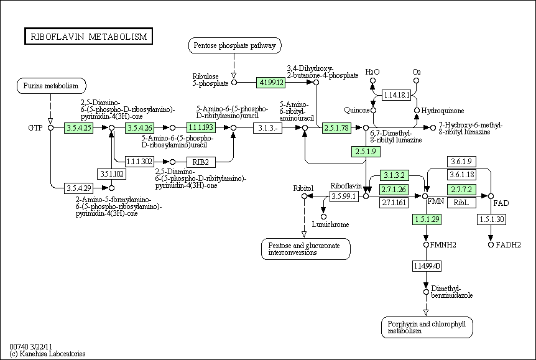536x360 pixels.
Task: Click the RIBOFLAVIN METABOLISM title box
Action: pos(88,37)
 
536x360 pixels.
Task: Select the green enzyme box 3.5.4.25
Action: pos(79,127)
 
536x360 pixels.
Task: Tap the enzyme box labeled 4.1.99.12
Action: pos(272,82)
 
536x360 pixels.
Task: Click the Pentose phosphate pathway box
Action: pos(234,45)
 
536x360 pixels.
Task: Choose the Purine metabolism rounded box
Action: pos(50,85)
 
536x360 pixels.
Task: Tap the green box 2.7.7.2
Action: pos(461,189)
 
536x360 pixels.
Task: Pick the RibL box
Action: pos(461,203)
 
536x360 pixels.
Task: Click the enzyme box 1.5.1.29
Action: pos(427,219)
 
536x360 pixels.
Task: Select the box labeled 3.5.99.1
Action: pos(344,196)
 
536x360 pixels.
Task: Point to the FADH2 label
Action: pos(508,244)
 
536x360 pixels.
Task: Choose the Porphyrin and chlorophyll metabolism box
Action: pos(427,327)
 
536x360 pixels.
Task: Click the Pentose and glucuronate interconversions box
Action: pos(305,249)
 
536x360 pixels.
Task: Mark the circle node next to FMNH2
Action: pos(427,245)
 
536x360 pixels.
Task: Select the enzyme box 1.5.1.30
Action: pos(491,219)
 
